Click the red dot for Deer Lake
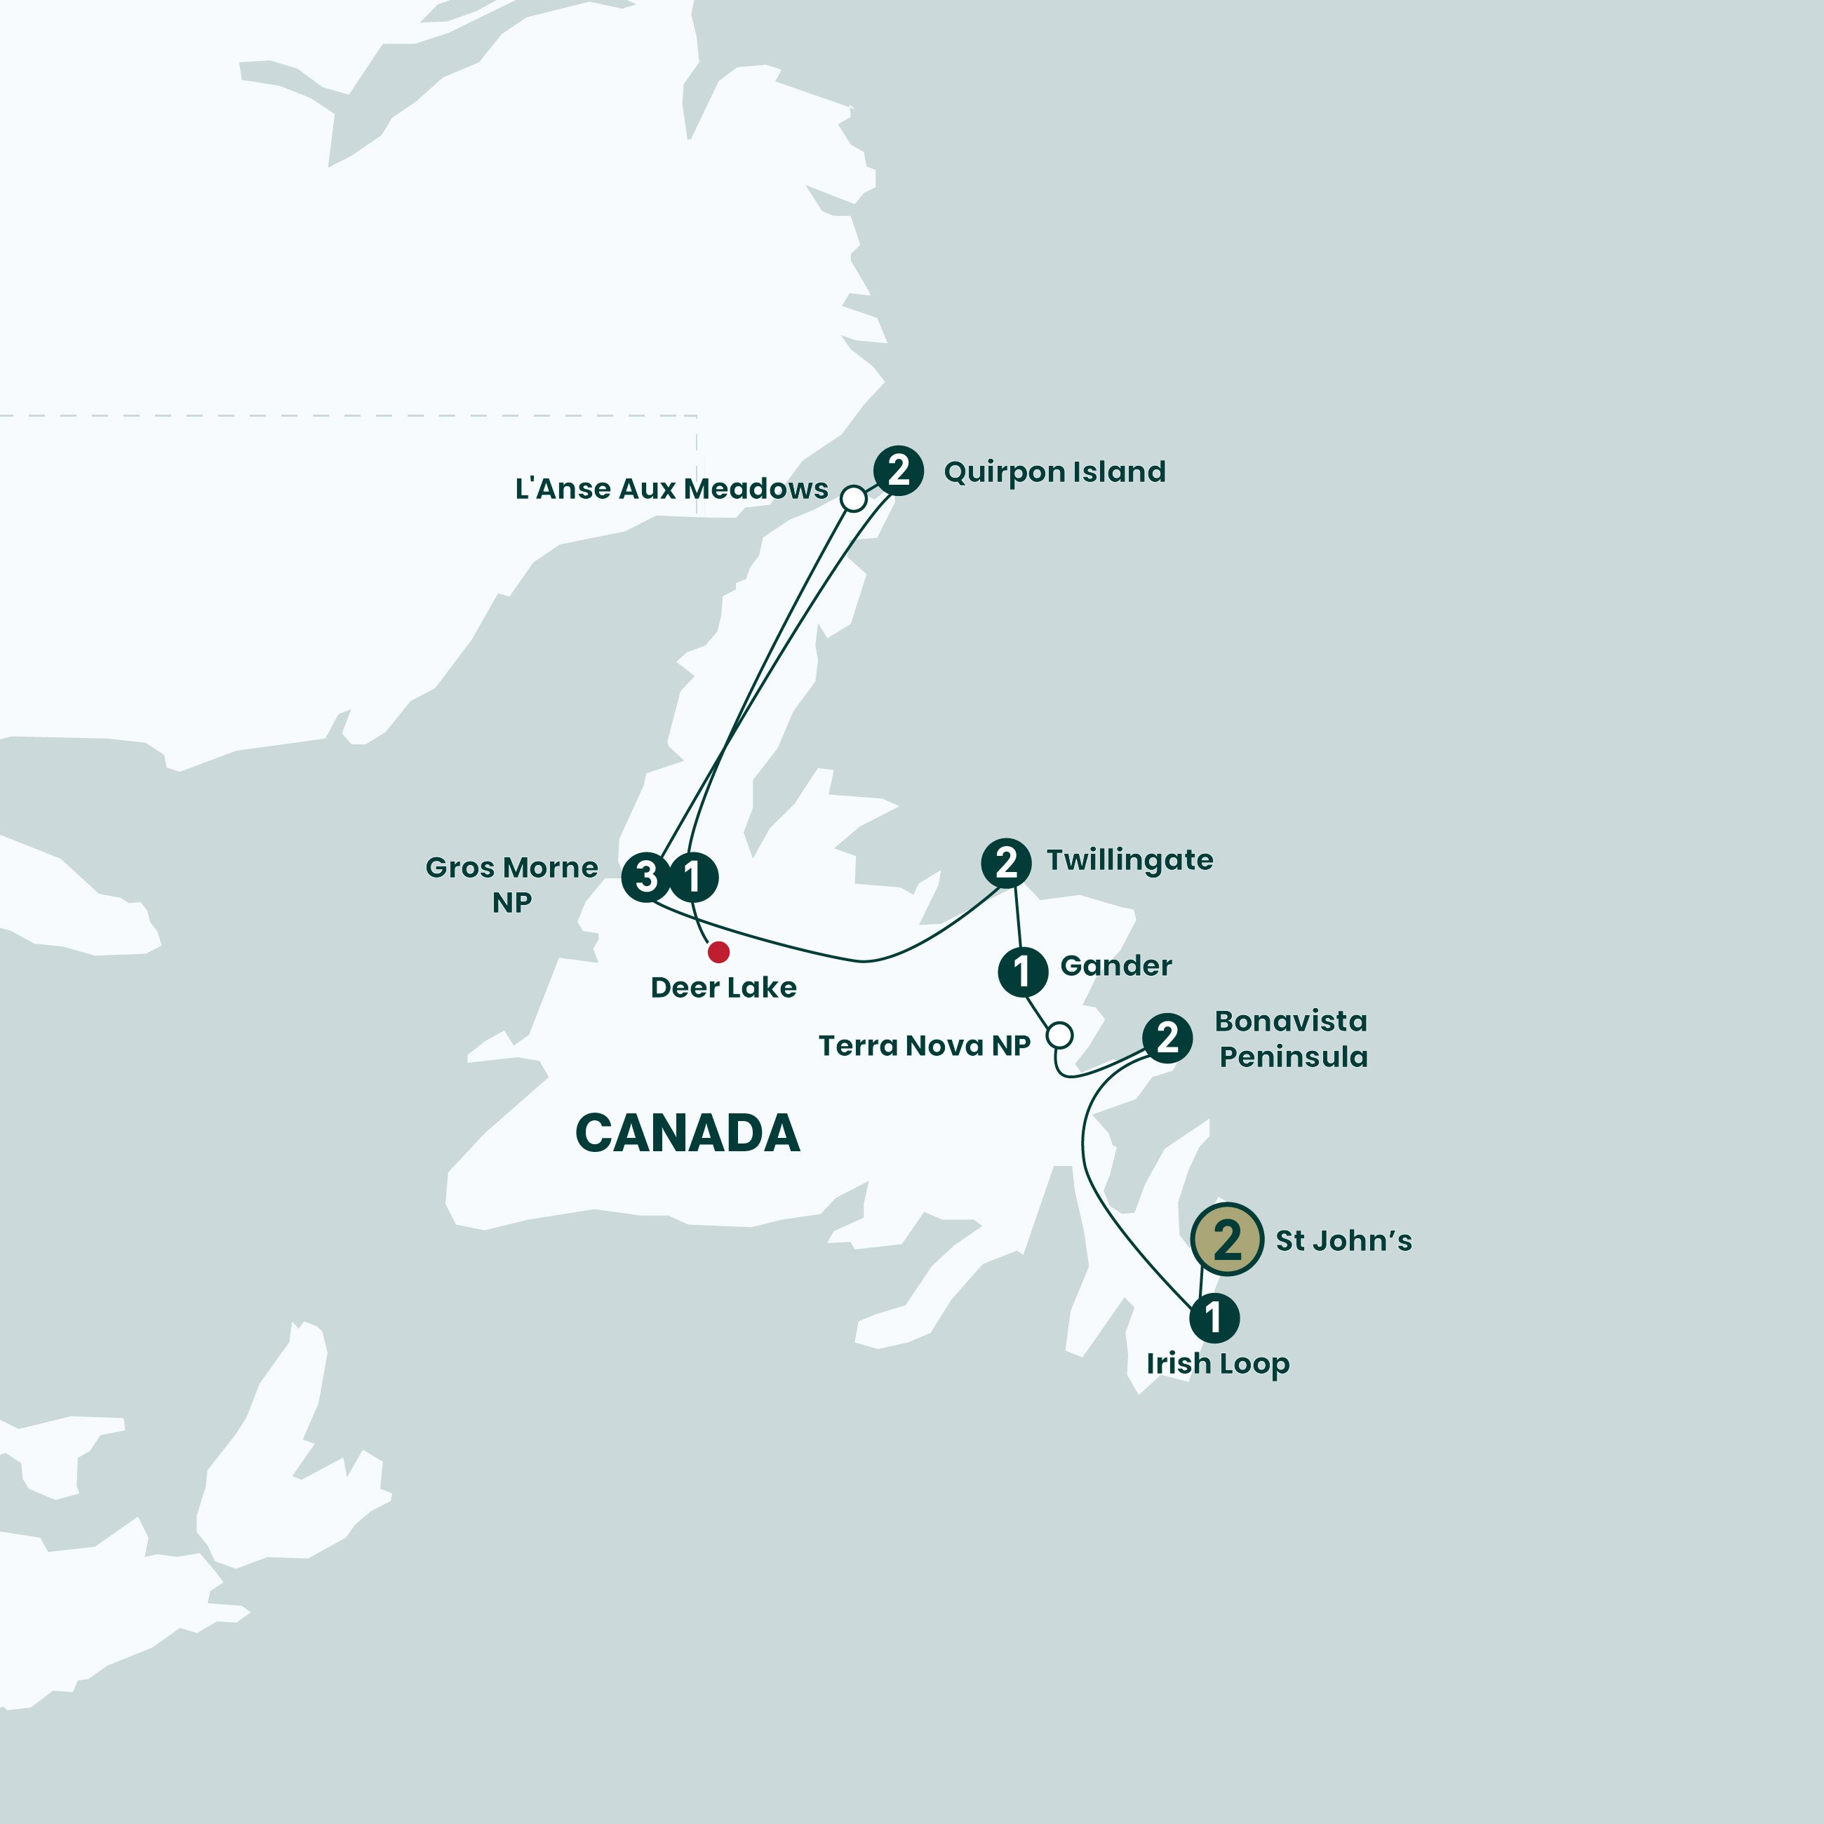718,952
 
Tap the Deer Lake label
723,988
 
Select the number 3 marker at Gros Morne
645,877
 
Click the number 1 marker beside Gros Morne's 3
694,877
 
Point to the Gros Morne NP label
511,885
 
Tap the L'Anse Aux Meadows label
671,488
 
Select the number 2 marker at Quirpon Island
899,470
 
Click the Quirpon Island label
1054,472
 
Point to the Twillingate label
1129,861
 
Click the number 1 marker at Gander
1022,972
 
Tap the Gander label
1116,966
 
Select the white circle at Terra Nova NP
1060,1035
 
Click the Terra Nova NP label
924,1045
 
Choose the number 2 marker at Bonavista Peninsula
1168,1038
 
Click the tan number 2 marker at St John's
1227,1240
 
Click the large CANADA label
688,1133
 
